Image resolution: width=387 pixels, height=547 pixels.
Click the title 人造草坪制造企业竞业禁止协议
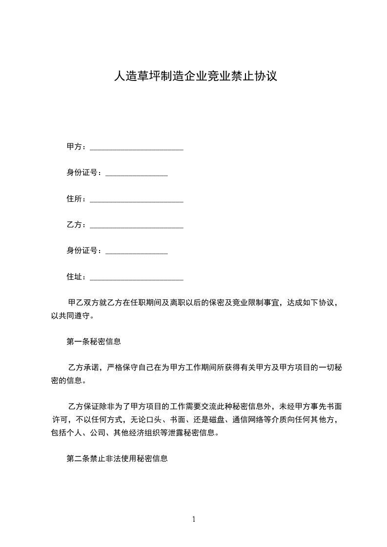click(x=195, y=76)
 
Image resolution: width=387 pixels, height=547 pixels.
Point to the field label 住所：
click(x=78, y=199)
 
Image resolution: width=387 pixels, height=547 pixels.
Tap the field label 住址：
click(x=78, y=277)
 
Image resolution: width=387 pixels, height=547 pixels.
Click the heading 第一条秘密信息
click(x=94, y=342)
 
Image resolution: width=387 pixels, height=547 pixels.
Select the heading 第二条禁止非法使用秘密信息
click(x=117, y=459)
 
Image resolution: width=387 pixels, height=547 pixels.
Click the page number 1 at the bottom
click(x=194, y=519)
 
